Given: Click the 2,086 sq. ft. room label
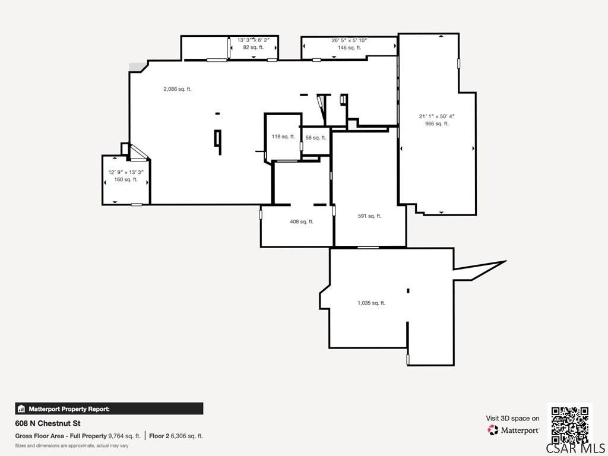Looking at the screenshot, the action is pyautogui.click(x=178, y=89).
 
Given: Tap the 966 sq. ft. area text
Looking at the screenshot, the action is pyautogui.click(x=436, y=123).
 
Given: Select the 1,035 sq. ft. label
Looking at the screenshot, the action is pyautogui.click(x=372, y=303).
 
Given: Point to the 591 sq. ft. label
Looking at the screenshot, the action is pyautogui.click(x=369, y=216).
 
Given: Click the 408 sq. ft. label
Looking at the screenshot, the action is pyautogui.click(x=302, y=222).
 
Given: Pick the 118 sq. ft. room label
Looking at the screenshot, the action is pyautogui.click(x=283, y=137).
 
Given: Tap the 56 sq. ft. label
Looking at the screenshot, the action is pyautogui.click(x=316, y=138).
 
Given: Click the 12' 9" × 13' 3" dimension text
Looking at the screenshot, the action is pyautogui.click(x=126, y=172).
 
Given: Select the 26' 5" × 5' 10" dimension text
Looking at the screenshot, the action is pyautogui.click(x=349, y=40).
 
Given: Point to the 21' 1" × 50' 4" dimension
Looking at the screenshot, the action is pyautogui.click(x=436, y=116).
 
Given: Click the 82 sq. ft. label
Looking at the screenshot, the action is pyautogui.click(x=253, y=47).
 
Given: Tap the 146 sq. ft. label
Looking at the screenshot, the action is pyautogui.click(x=349, y=47).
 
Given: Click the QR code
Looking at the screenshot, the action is pyautogui.click(x=570, y=425).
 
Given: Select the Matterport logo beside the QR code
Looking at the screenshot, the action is pyautogui.click(x=513, y=430).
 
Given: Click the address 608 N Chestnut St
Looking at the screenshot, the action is pyautogui.click(x=48, y=423).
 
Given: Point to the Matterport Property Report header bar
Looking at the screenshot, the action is pyautogui.click(x=109, y=408).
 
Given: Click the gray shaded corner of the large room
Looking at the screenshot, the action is pyautogui.click(x=136, y=66).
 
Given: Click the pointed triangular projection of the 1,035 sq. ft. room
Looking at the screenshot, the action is pyautogui.click(x=484, y=269).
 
